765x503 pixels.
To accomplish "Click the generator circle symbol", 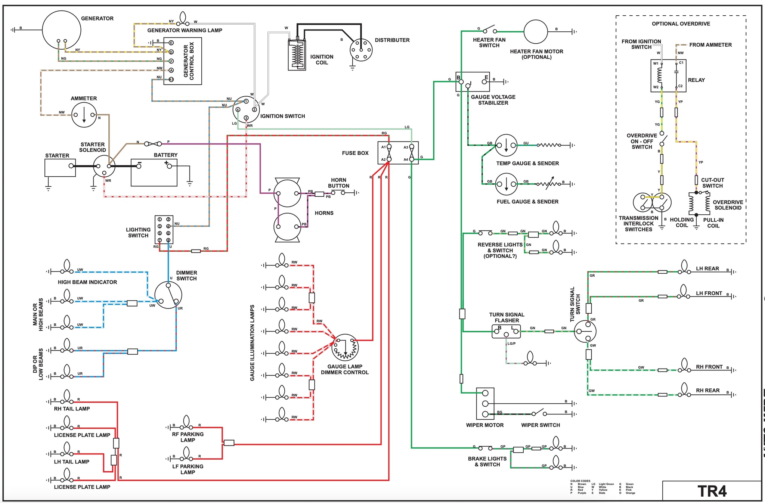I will [62, 30].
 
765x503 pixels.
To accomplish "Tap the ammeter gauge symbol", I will [84, 115].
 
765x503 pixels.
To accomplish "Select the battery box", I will [154, 173].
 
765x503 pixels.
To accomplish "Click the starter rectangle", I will [60, 168].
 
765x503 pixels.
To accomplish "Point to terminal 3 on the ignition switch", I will [246, 118].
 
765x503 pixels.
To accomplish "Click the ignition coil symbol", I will [297, 55].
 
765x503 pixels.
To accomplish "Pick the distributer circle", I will [361, 50].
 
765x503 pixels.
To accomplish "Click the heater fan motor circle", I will [536, 32].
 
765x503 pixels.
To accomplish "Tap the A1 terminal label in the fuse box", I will [383, 147].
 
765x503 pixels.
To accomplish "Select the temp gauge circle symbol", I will [506, 145].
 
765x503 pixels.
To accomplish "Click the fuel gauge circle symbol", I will [506, 184].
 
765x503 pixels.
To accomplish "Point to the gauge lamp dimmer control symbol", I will [345, 347].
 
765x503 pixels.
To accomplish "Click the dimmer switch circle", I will [168, 295].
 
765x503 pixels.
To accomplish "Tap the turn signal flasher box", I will [506, 331].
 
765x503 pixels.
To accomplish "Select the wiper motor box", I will [485, 403].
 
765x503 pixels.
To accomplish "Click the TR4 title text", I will [712, 491].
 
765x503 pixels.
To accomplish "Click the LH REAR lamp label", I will [707, 268].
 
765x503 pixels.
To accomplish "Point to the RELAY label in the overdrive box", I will [696, 80].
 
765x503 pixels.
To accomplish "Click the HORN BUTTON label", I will [338, 183].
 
